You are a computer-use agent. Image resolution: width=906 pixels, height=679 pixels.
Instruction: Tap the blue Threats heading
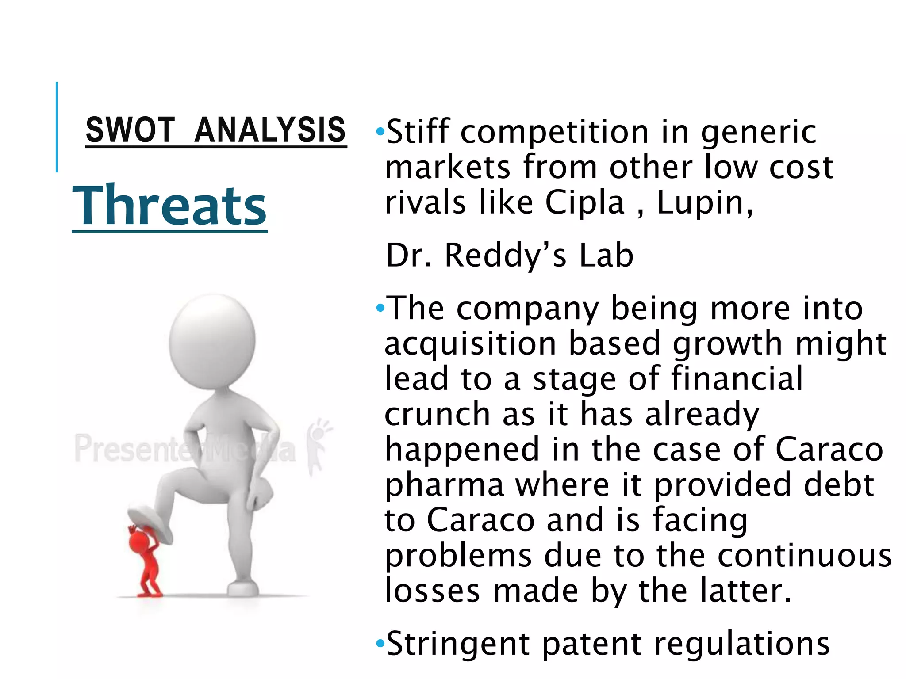pyautogui.click(x=169, y=206)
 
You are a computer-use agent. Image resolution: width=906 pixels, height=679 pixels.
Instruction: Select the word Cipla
pyautogui.click(x=584, y=203)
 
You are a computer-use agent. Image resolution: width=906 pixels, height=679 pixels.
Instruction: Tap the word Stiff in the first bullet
pyautogui.click(x=418, y=132)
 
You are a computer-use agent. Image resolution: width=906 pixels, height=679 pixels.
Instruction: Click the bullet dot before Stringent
pyautogui.click(x=380, y=643)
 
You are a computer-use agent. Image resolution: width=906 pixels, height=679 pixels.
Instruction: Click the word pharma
pyautogui.click(x=445, y=485)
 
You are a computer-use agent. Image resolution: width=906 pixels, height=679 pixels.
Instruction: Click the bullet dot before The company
pyautogui.click(x=380, y=308)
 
